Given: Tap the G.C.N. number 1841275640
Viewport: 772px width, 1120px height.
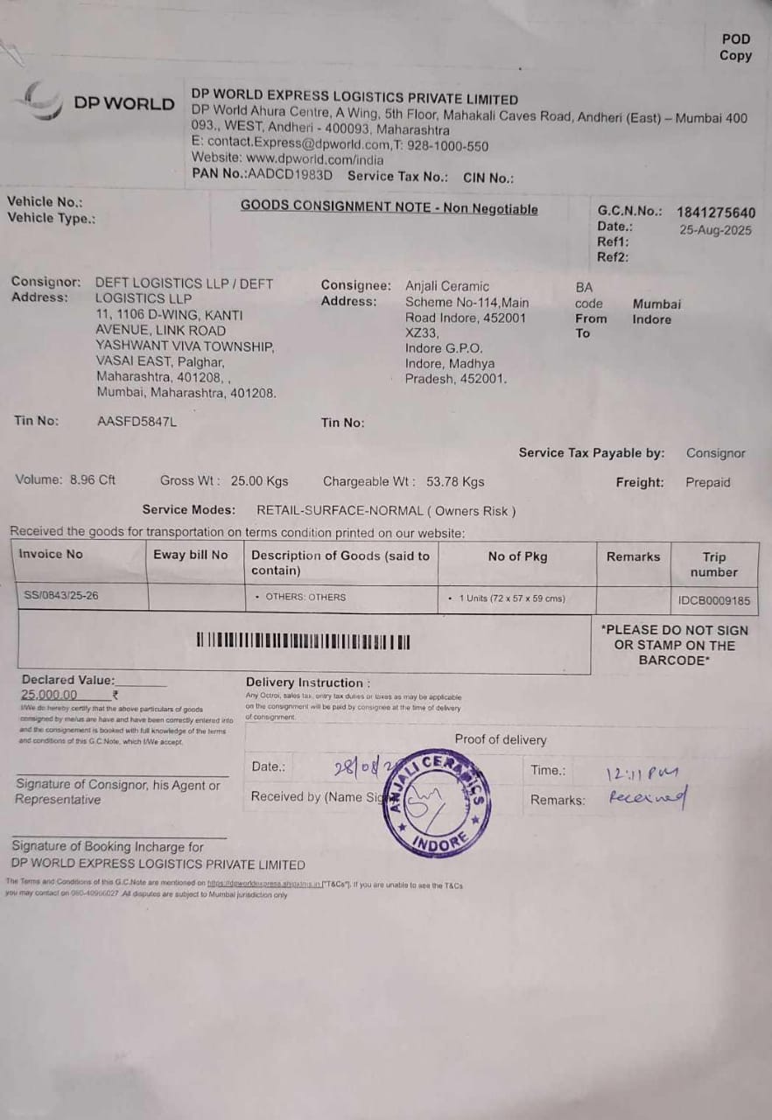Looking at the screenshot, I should (715, 213).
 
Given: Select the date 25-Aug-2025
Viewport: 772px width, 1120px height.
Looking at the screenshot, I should (715, 230).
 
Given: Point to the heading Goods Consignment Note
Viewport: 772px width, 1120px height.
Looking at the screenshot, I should (389, 208).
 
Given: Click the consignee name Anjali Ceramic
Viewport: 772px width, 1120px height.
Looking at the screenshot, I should (446, 286).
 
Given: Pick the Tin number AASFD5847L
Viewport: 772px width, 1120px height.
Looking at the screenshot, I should (137, 421).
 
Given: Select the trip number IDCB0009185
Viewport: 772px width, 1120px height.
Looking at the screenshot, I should (713, 601).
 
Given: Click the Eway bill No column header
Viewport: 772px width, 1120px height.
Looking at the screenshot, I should (190, 555).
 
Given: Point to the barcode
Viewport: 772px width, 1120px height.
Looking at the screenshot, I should (303, 641).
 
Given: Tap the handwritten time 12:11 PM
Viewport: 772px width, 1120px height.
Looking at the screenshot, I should (642, 773).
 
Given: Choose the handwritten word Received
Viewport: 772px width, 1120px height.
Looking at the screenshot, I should (648, 798).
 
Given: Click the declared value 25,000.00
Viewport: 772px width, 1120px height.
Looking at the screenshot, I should (49, 695).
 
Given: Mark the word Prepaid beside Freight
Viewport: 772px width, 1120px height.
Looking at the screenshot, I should (707, 482).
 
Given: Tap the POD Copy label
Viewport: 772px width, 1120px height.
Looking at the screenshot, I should (735, 47).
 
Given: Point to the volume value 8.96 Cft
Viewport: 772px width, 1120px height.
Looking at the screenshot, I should (92, 479).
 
